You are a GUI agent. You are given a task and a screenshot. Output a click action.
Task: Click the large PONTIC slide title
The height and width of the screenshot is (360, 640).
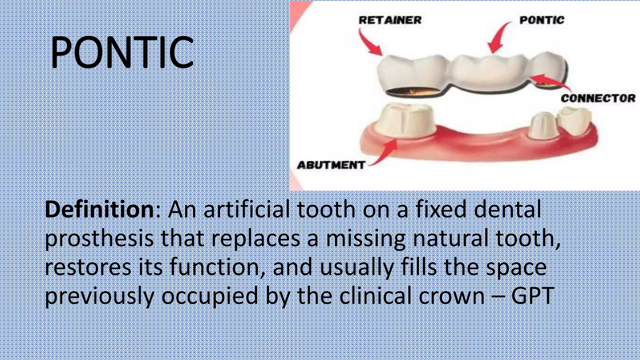[122, 52]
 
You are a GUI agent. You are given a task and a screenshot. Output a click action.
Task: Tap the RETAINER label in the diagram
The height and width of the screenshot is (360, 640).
[390, 20]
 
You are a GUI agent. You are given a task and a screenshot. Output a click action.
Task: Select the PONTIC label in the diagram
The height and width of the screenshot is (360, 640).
[542, 20]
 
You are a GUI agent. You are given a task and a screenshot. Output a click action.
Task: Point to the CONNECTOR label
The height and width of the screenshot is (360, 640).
[598, 98]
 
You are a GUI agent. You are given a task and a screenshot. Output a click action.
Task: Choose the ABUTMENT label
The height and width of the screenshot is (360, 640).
[331, 165]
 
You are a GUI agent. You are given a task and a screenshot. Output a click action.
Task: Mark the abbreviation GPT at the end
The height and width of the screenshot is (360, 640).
[533, 296]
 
